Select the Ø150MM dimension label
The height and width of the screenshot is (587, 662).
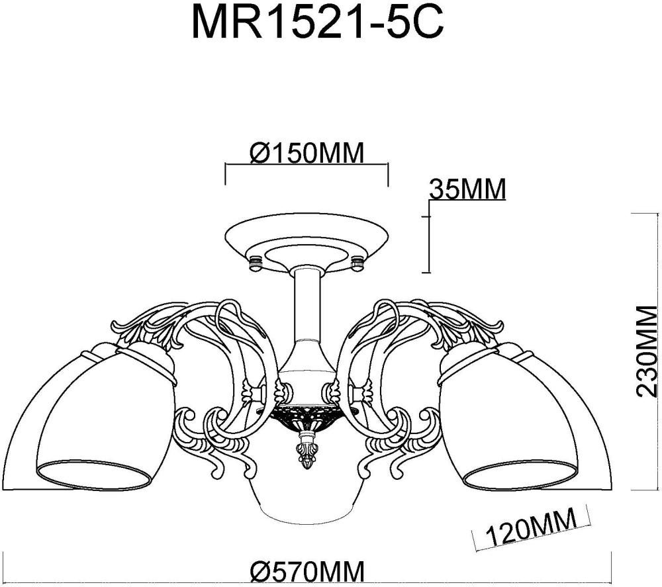(x=307, y=154)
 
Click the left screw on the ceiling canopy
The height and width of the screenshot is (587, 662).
(x=254, y=263)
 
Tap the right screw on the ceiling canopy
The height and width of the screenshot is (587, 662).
(x=358, y=263)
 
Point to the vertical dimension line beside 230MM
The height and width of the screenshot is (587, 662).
(x=632, y=351)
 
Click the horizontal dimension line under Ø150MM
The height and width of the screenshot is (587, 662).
(x=307, y=165)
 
